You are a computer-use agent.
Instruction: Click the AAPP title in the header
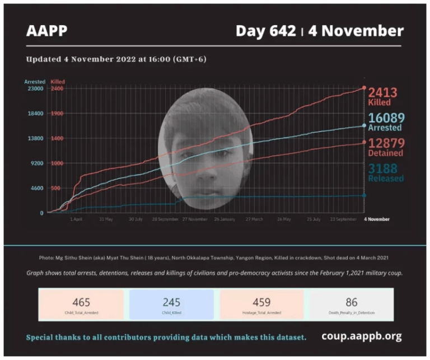pyautogui.click(x=47, y=31)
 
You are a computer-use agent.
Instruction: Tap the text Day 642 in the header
pyautogui.click(x=265, y=31)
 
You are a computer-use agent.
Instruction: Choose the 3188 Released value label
pyautogui.click(x=386, y=171)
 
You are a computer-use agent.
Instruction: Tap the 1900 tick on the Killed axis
pyautogui.click(x=57, y=113)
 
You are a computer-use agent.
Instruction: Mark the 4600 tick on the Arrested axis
pyautogui.click(x=36, y=188)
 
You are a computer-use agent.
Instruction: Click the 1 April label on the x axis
pyautogui.click(x=77, y=219)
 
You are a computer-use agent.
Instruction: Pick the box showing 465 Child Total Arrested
pyautogui.click(x=81, y=305)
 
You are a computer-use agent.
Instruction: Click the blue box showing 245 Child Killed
pyautogui.click(x=171, y=305)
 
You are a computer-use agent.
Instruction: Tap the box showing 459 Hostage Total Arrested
pyautogui.click(x=262, y=305)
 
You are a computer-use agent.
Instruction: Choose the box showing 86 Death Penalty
pyautogui.click(x=352, y=305)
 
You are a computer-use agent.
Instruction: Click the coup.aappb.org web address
pyautogui.click(x=361, y=336)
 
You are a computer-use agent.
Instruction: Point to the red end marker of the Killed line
pyautogui.click(x=364, y=88)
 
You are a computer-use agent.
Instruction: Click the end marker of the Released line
pyautogui.click(x=364, y=195)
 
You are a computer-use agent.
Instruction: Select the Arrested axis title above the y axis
pyautogui.click(x=35, y=82)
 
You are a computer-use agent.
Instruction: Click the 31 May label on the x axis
pyautogui.click(x=105, y=219)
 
